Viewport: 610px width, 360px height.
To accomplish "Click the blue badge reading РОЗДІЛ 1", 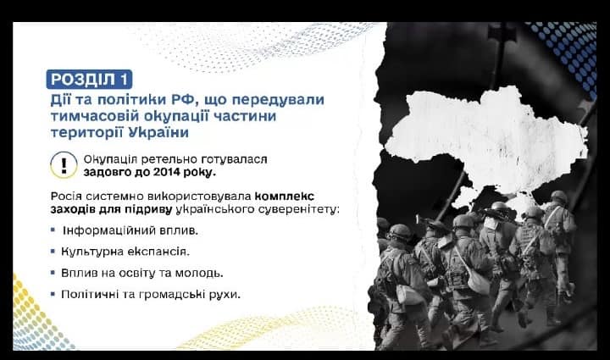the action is pos(89,80).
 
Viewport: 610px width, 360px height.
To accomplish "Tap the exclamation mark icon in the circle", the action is pos(64,165).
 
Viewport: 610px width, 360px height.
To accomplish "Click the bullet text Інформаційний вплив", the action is pos(130,230).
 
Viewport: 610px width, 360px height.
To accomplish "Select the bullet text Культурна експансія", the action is pos(125,252).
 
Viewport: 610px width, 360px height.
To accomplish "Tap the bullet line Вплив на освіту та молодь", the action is pos(142,273).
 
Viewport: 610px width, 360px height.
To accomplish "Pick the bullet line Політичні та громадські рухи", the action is pos(151,294).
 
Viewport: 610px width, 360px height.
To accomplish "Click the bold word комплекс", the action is pos(285,196).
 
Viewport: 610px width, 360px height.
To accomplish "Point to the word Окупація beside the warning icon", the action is pos(110,159).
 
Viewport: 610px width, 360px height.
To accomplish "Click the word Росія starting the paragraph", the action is pos(66,196).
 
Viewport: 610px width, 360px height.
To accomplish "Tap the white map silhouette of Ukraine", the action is pos(486,140).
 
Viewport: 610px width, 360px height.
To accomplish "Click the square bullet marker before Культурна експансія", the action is pos(53,252).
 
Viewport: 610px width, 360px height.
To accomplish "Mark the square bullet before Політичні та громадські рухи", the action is pos(53,294).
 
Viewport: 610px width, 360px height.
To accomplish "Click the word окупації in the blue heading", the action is pos(176,116).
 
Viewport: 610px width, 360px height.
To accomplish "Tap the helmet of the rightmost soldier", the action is pos(559,196).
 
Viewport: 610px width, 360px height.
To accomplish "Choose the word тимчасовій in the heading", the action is pos(95,116).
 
